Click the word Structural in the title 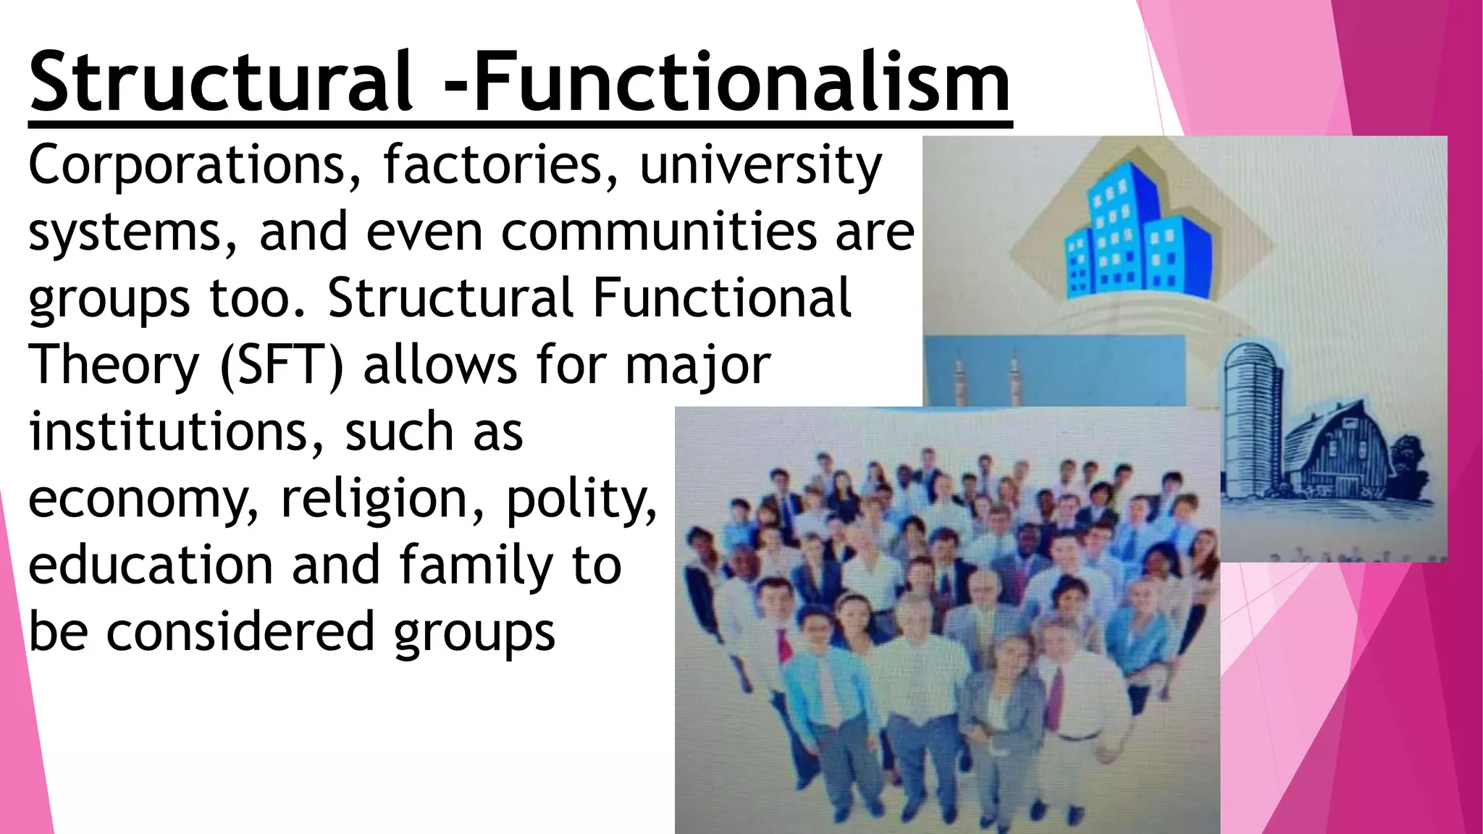point(220,81)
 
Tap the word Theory point(114,366)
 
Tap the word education point(151,565)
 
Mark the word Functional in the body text point(721,298)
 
